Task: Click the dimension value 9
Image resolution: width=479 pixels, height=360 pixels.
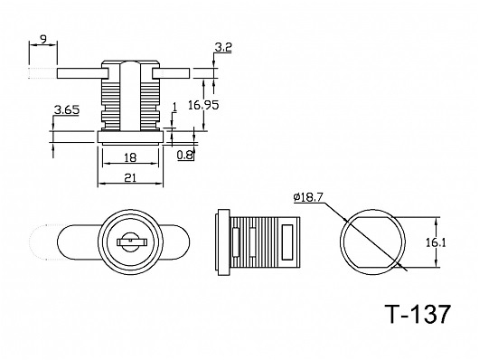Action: pyautogui.click(x=43, y=39)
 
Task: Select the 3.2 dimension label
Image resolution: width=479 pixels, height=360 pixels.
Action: pyautogui.click(x=223, y=47)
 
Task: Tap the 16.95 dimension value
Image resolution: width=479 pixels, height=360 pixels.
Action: pyautogui.click(x=203, y=105)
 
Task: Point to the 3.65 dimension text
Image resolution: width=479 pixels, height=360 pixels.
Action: pyautogui.click(x=67, y=109)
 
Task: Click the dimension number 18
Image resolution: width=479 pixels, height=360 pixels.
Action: pyautogui.click(x=130, y=157)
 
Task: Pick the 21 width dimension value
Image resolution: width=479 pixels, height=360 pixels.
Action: pyautogui.click(x=130, y=177)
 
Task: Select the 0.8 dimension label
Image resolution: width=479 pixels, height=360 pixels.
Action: pyautogui.click(x=185, y=156)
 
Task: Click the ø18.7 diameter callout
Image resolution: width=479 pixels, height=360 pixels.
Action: pyautogui.click(x=308, y=197)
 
